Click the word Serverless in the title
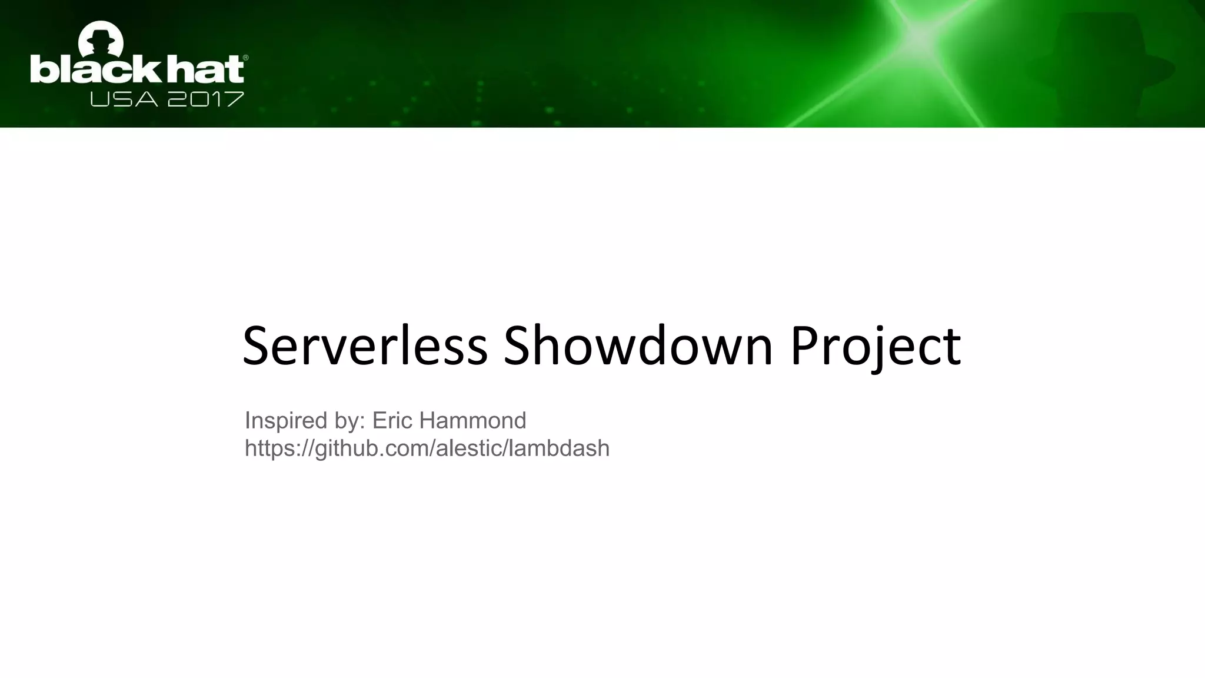(x=365, y=346)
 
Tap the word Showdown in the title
(x=638, y=346)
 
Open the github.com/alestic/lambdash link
(x=427, y=448)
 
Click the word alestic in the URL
(x=468, y=448)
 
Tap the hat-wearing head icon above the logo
(x=101, y=38)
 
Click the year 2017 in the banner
(x=205, y=99)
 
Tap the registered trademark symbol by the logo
(x=245, y=58)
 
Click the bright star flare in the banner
(x=918, y=36)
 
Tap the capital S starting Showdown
(x=517, y=346)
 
